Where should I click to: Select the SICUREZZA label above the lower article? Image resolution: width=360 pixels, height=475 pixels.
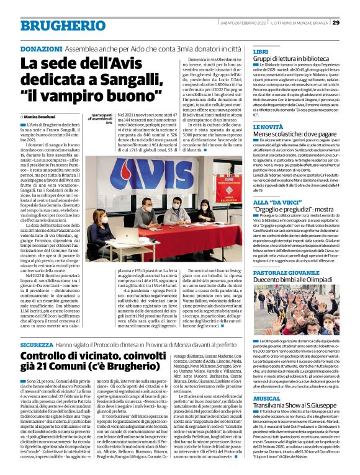click(36, 344)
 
